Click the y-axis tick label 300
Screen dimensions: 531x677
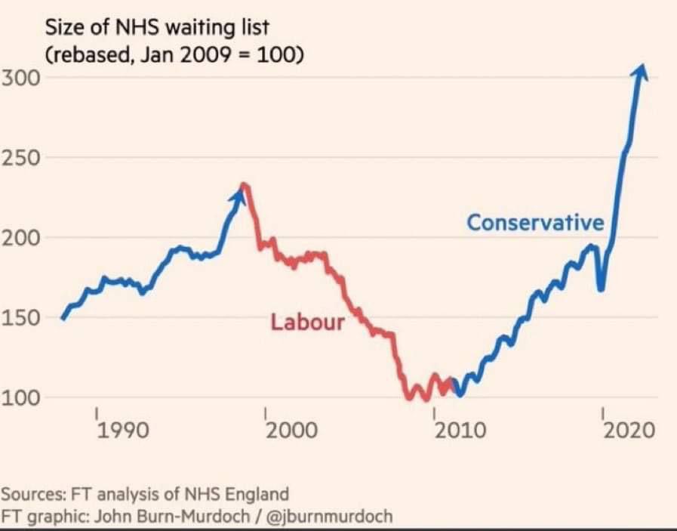pyautogui.click(x=18, y=78)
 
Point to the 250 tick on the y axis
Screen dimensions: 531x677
pyautogui.click(x=18, y=158)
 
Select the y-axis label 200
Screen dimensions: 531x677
pyautogui.click(x=18, y=238)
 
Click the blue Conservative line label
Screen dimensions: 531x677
pyautogui.click(x=535, y=223)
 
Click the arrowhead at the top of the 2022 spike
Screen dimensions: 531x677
pyautogui.click(x=641, y=70)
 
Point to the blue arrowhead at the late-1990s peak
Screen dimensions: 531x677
pyautogui.click(x=241, y=194)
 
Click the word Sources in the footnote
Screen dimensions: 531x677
pyautogui.click(x=33, y=495)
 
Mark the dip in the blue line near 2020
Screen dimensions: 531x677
pyautogui.click(x=600, y=288)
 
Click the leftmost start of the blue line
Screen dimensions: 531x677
pyautogui.click(x=63, y=319)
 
